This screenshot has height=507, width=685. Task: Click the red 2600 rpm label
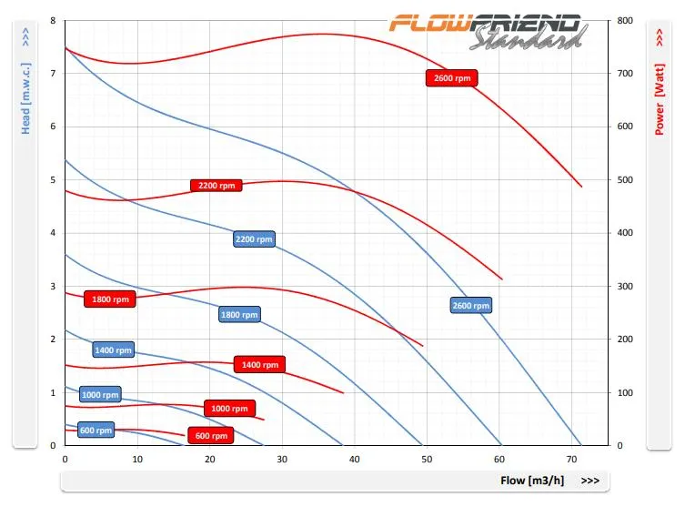(x=452, y=78)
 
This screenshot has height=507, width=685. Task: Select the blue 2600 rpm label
(x=470, y=306)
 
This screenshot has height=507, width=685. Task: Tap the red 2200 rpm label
(x=217, y=186)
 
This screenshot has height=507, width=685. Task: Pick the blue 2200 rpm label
(x=254, y=239)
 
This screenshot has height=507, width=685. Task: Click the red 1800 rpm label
(x=110, y=299)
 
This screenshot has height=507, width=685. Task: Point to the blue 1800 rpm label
(x=240, y=315)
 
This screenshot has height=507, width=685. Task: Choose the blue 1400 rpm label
(x=113, y=350)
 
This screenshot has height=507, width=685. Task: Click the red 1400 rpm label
(x=259, y=365)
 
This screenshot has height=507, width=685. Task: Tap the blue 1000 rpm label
(x=100, y=395)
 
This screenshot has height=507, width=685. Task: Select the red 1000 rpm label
(x=229, y=409)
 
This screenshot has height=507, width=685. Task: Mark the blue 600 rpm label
(x=96, y=431)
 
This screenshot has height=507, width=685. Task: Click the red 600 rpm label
(x=210, y=436)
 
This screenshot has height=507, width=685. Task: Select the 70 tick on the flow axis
(x=574, y=458)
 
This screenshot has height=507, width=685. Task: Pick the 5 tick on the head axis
(x=53, y=179)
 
